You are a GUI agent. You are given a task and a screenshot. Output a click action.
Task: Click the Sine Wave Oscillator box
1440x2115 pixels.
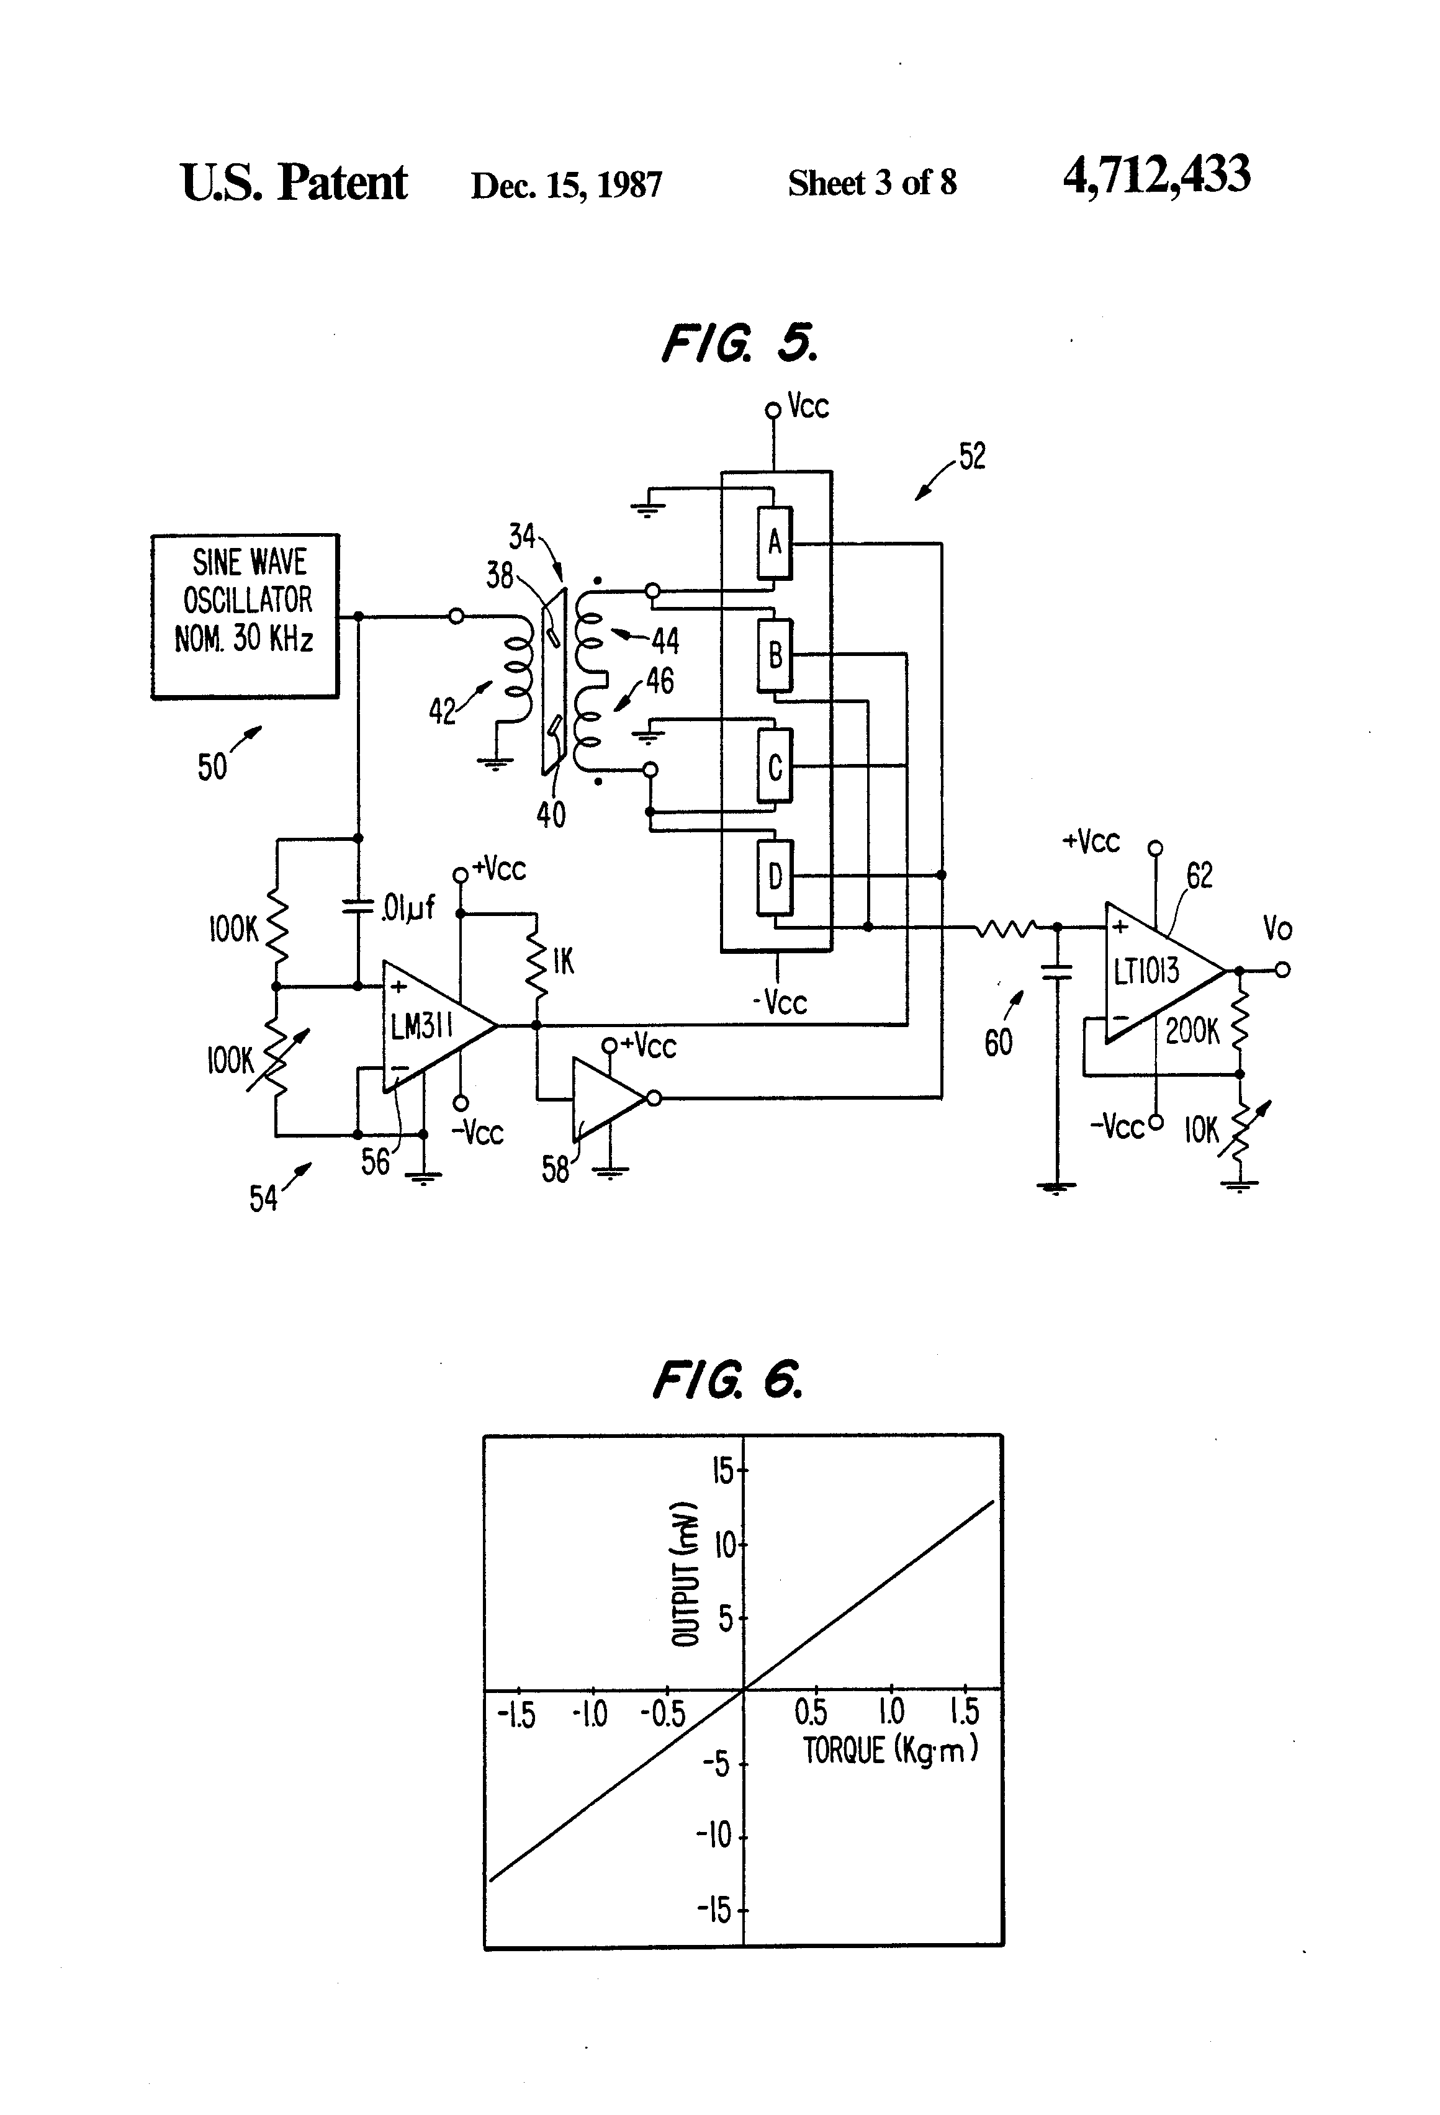[245, 616]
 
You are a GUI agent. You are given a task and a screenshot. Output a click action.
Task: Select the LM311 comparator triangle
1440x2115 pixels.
[428, 1026]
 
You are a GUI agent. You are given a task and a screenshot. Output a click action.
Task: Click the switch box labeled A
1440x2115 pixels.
[775, 542]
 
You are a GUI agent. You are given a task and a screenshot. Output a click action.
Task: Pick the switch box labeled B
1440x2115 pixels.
[775, 654]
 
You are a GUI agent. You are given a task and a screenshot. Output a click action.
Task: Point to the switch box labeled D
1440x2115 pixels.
[775, 876]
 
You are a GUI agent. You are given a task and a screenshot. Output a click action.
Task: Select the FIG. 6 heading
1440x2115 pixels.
[728, 1380]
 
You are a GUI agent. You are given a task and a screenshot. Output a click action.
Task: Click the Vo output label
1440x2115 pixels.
[1277, 929]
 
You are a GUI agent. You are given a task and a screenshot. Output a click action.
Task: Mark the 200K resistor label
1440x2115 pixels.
[1192, 1031]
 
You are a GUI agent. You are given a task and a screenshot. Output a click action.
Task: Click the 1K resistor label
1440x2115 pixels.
[564, 961]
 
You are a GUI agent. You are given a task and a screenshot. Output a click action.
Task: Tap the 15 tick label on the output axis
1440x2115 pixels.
[722, 1470]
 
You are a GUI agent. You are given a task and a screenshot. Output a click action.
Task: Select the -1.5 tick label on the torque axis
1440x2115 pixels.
[516, 1715]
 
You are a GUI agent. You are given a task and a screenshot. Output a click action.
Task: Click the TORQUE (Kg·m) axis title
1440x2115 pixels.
[889, 1750]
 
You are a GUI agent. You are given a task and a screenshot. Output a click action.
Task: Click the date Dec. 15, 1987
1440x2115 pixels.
[566, 185]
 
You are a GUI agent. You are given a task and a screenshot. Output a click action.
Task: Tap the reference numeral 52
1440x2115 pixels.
[972, 456]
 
